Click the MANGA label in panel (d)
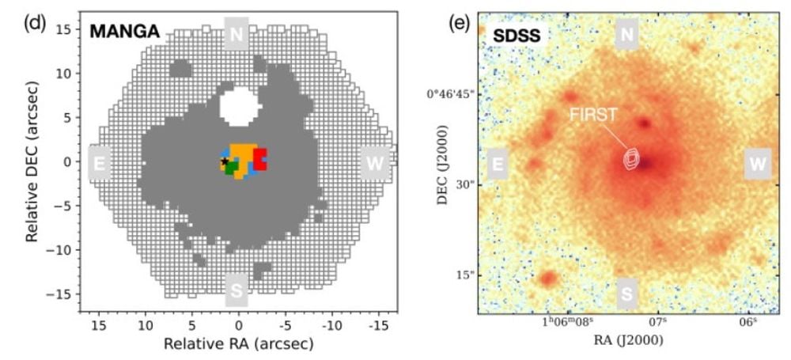coord(125,32)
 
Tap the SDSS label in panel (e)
coord(517,36)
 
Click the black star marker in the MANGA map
coord(224,161)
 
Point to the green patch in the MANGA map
coord(231,167)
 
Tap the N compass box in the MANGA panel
coord(237,34)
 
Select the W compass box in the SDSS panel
coord(757,164)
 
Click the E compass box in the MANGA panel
coord(100,163)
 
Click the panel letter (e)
coord(459,21)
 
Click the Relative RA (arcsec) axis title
coord(238,345)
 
